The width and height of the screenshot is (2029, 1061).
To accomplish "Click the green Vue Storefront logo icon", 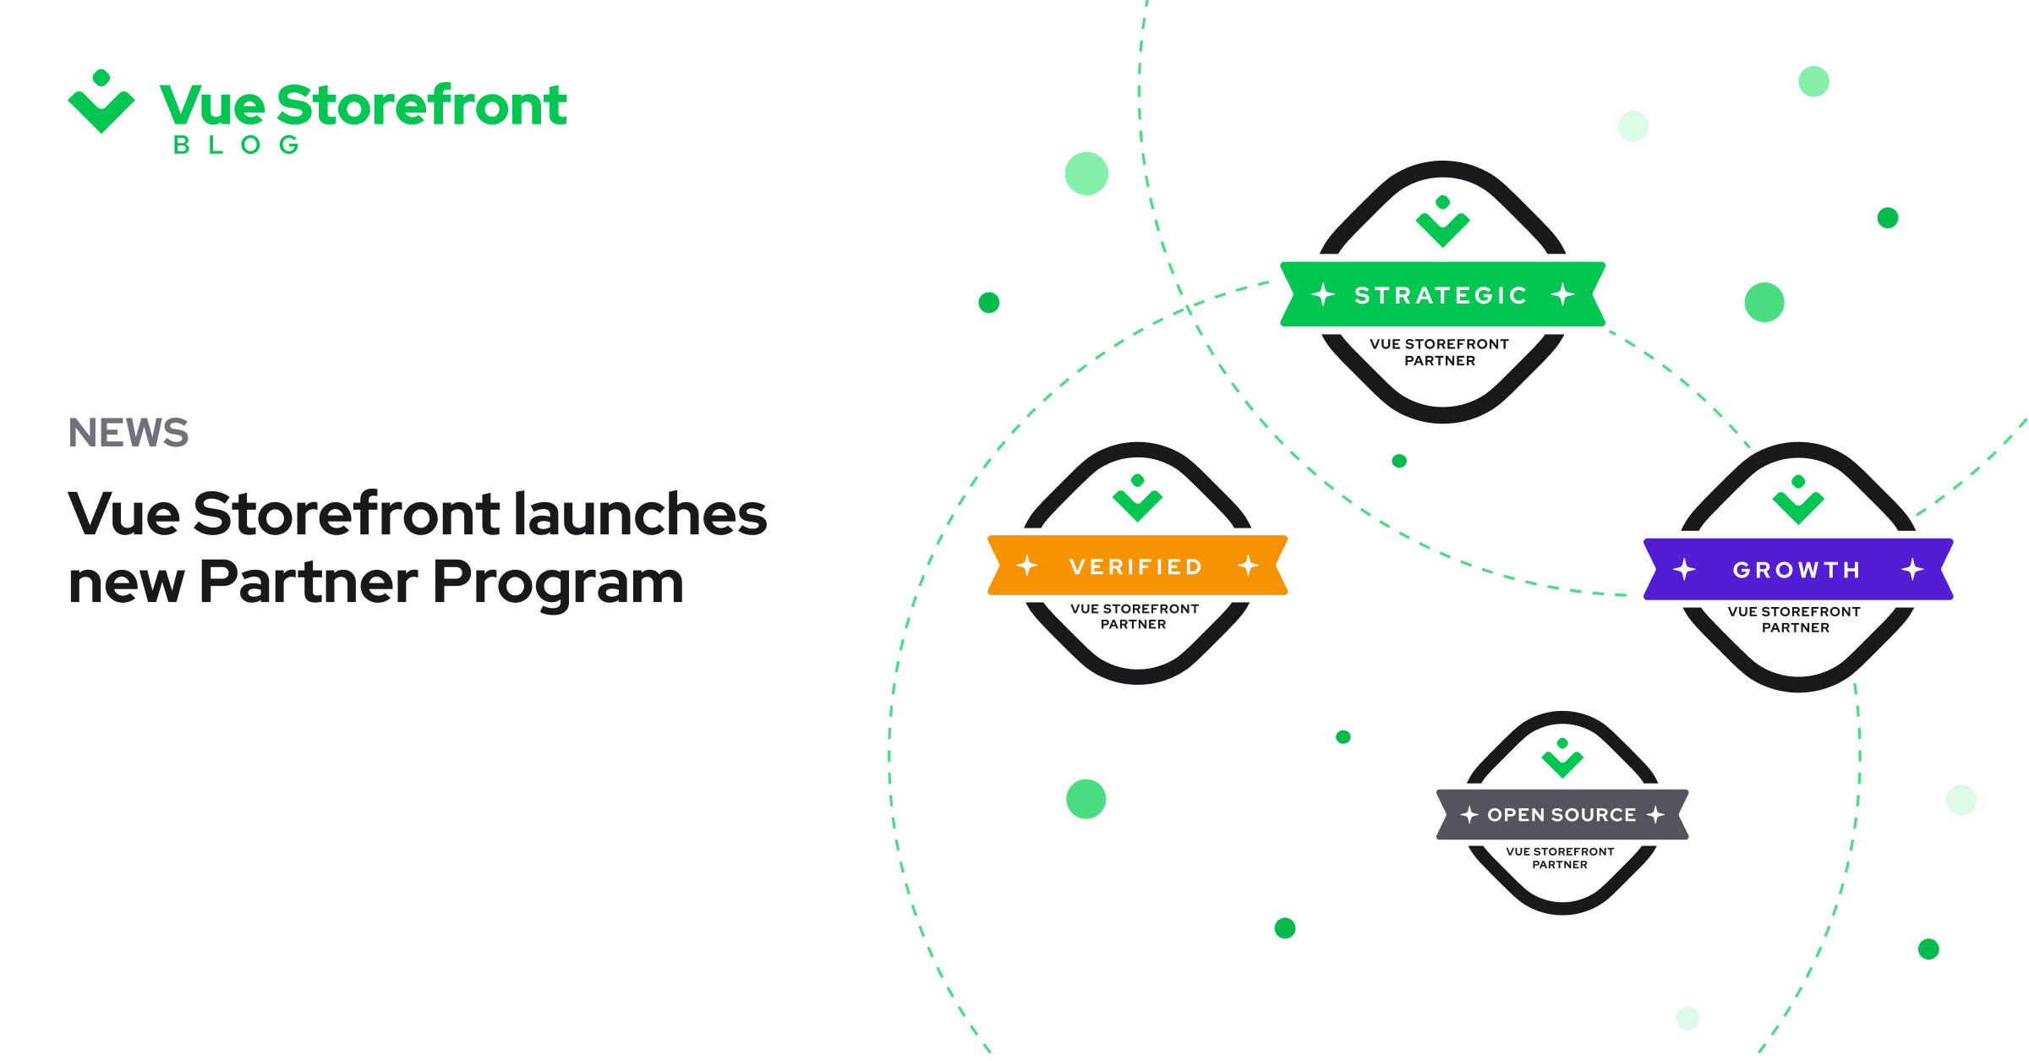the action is tap(101, 101).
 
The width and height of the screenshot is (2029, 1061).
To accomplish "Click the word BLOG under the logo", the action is tap(236, 145).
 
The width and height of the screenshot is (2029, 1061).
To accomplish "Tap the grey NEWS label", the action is tap(129, 433).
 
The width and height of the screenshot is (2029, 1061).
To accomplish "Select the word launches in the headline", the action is tap(641, 514).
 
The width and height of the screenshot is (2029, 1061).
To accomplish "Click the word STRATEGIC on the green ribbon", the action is tap(1441, 295).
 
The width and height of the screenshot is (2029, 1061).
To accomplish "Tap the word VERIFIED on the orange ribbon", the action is tap(1135, 566).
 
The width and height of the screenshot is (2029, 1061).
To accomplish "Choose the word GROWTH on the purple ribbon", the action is tap(1797, 570).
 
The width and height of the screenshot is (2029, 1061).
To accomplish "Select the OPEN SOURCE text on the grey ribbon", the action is tap(1561, 815).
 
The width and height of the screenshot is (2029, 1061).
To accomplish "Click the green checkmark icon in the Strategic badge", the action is tap(1443, 221).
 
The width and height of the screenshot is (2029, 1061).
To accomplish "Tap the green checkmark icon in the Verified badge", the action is tap(1138, 498).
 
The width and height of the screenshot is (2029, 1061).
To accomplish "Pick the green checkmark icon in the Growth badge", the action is tap(1798, 500).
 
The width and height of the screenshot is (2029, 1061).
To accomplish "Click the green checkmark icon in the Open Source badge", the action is tap(1562, 758).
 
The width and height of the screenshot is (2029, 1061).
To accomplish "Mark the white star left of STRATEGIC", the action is tap(1323, 294).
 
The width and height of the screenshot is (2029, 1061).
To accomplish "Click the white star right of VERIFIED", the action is tap(1248, 566).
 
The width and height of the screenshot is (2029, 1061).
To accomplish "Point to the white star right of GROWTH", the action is tap(1912, 569).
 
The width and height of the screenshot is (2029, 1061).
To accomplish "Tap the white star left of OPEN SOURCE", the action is tap(1469, 815).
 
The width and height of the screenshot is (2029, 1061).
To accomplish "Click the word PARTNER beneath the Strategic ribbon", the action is tap(1440, 361).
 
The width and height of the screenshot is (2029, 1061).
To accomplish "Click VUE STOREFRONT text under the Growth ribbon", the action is tap(1794, 611).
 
